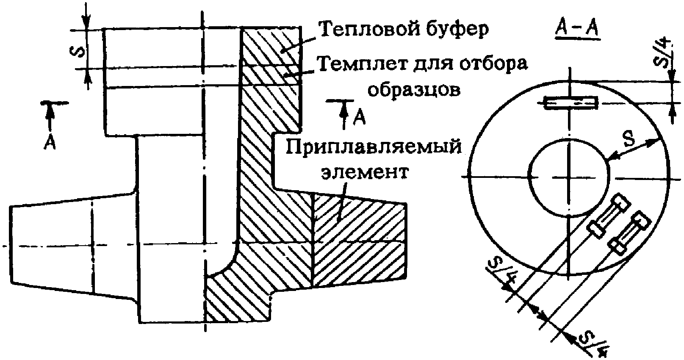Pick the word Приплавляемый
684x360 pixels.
click(x=373, y=147)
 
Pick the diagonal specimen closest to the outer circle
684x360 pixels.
click(x=629, y=234)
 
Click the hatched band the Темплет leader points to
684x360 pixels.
click(x=271, y=76)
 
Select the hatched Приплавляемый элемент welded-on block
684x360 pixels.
click(x=358, y=241)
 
